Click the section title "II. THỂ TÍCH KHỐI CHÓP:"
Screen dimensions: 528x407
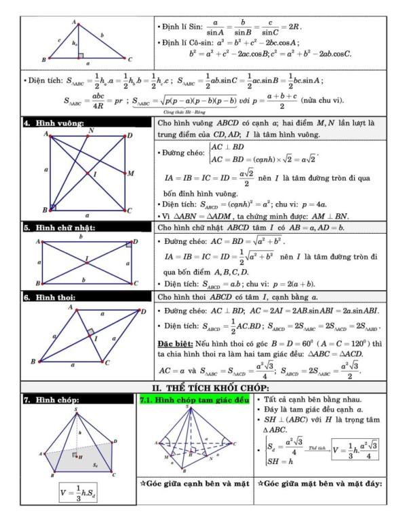coord(203,387)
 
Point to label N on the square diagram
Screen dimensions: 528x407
coord(91,130)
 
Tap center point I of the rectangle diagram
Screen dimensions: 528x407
coord(86,258)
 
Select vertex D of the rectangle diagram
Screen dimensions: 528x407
coord(135,241)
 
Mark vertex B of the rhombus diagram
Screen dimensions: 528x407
coord(33,362)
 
